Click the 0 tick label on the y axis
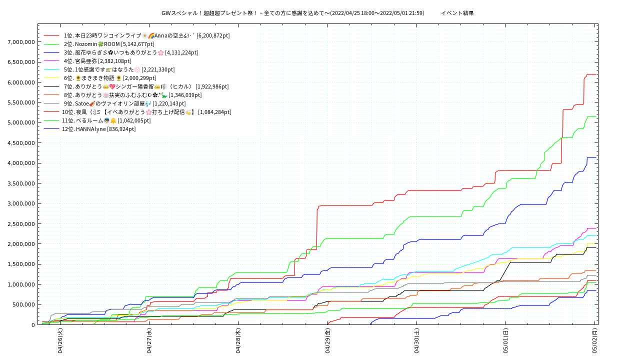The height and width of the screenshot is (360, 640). pyautogui.click(x=33, y=325)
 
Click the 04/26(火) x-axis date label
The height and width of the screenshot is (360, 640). pyautogui.click(x=60, y=341)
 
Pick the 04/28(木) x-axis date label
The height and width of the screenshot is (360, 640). pyautogui.click(x=238, y=341)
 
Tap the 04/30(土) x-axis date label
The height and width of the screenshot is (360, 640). pyautogui.click(x=416, y=341)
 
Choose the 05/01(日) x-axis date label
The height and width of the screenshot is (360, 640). pyautogui.click(x=505, y=341)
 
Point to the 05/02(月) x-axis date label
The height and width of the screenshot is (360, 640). pyautogui.click(x=594, y=341)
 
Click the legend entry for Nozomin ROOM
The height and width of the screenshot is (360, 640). pyautogui.click(x=114, y=44)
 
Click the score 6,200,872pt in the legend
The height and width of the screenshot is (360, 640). pyautogui.click(x=213, y=35)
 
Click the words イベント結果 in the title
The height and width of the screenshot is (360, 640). pyautogui.click(x=457, y=13)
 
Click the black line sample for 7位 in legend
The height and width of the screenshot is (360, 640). pyautogui.click(x=52, y=86)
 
